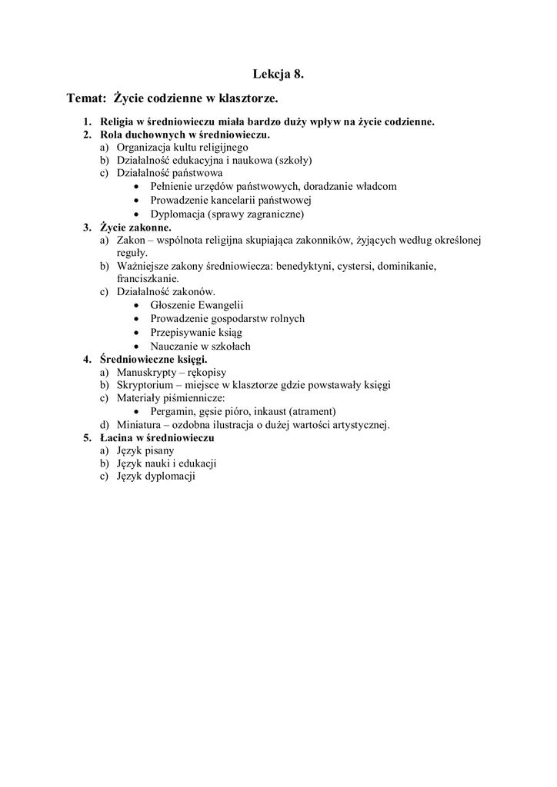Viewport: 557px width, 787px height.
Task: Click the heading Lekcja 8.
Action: [x=278, y=75]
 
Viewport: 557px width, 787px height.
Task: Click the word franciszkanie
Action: [x=148, y=279]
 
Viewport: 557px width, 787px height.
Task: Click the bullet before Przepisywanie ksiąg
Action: [x=136, y=333]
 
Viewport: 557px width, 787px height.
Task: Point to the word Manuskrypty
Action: [x=146, y=372]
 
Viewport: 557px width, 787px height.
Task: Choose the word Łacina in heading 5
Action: [x=118, y=437]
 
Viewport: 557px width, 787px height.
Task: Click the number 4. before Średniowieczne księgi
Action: [x=87, y=359]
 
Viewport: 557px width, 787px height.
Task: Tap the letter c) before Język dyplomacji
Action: [x=104, y=477]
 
